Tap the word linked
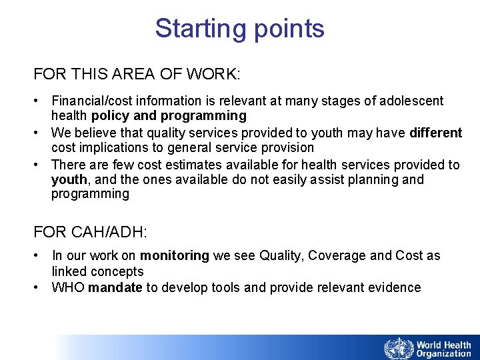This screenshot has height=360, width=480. (69, 271)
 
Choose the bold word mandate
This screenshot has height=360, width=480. (113, 287)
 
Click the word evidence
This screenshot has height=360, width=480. (395, 287)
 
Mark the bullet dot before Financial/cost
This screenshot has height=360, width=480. (39, 101)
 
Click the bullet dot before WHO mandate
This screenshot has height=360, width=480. (39, 287)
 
